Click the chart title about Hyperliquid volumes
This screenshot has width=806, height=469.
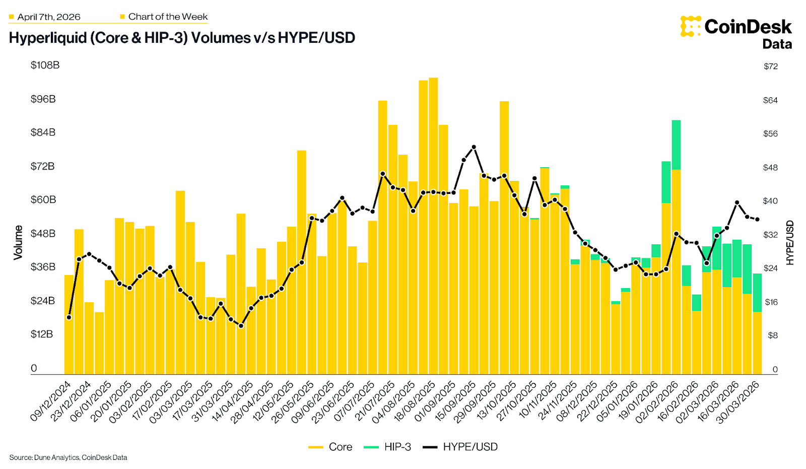[182, 38]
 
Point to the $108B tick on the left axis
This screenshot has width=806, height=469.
[45, 65]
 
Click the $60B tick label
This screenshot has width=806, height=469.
[43, 199]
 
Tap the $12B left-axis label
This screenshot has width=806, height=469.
[41, 334]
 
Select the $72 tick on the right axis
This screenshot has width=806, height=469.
[770, 66]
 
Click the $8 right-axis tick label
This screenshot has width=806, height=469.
[772, 336]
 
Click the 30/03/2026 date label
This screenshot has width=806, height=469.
[738, 403]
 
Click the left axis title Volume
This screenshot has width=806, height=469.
[18, 242]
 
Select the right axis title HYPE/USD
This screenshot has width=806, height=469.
[789, 242]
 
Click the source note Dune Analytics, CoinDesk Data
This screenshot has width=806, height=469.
[68, 457]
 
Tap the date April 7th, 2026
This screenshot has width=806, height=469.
[48, 17]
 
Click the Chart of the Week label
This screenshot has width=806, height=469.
[168, 17]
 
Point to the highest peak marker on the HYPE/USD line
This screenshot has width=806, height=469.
[474, 147]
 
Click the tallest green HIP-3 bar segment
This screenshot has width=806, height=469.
[676, 145]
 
